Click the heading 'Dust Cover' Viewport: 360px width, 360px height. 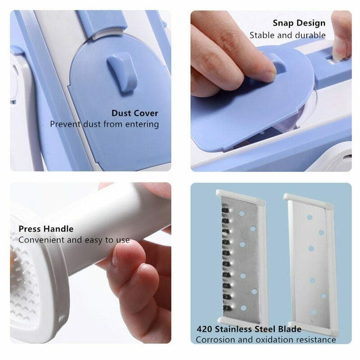(x=135, y=113)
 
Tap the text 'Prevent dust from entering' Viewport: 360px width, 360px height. (x=104, y=124)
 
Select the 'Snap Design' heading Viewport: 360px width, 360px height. (x=299, y=23)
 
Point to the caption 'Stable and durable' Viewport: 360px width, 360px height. (x=288, y=35)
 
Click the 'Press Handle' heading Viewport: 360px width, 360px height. (x=46, y=229)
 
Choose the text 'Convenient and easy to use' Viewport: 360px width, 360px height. (x=74, y=240)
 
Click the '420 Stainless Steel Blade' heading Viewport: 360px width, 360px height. (x=248, y=329)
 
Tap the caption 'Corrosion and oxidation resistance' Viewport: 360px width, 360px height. (x=265, y=340)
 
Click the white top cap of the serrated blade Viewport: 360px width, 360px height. (x=240, y=195)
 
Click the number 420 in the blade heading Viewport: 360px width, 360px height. (x=204, y=329)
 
